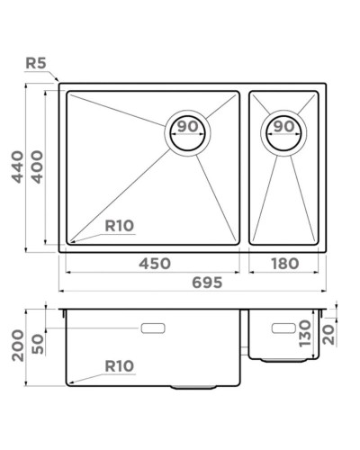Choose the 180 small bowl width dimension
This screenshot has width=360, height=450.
(x=283, y=264)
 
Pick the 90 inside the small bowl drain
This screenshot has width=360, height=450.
(x=283, y=127)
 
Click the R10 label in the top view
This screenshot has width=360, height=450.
(x=120, y=226)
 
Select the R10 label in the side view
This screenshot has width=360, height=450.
(x=120, y=366)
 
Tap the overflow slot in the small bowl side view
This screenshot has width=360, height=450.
(x=285, y=324)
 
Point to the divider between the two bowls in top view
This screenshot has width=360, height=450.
(x=244, y=166)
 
